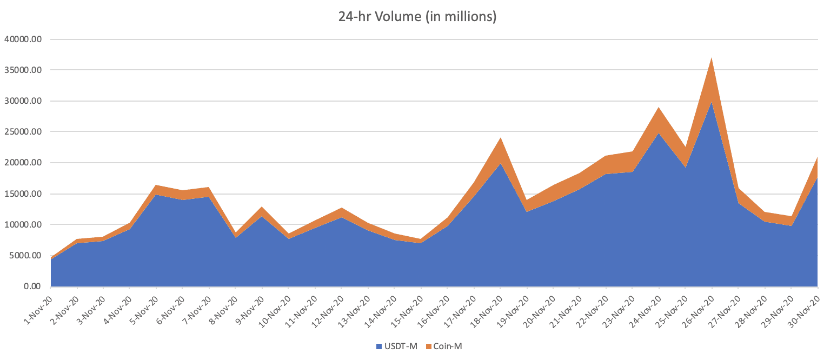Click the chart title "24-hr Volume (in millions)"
click(417, 17)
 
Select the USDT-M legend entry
click(400, 346)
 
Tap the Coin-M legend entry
click(447, 346)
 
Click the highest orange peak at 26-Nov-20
click(712, 58)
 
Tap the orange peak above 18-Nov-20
click(500, 138)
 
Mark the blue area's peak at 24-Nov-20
click(659, 134)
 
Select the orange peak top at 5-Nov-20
click(156, 185)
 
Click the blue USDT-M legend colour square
click(379, 346)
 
